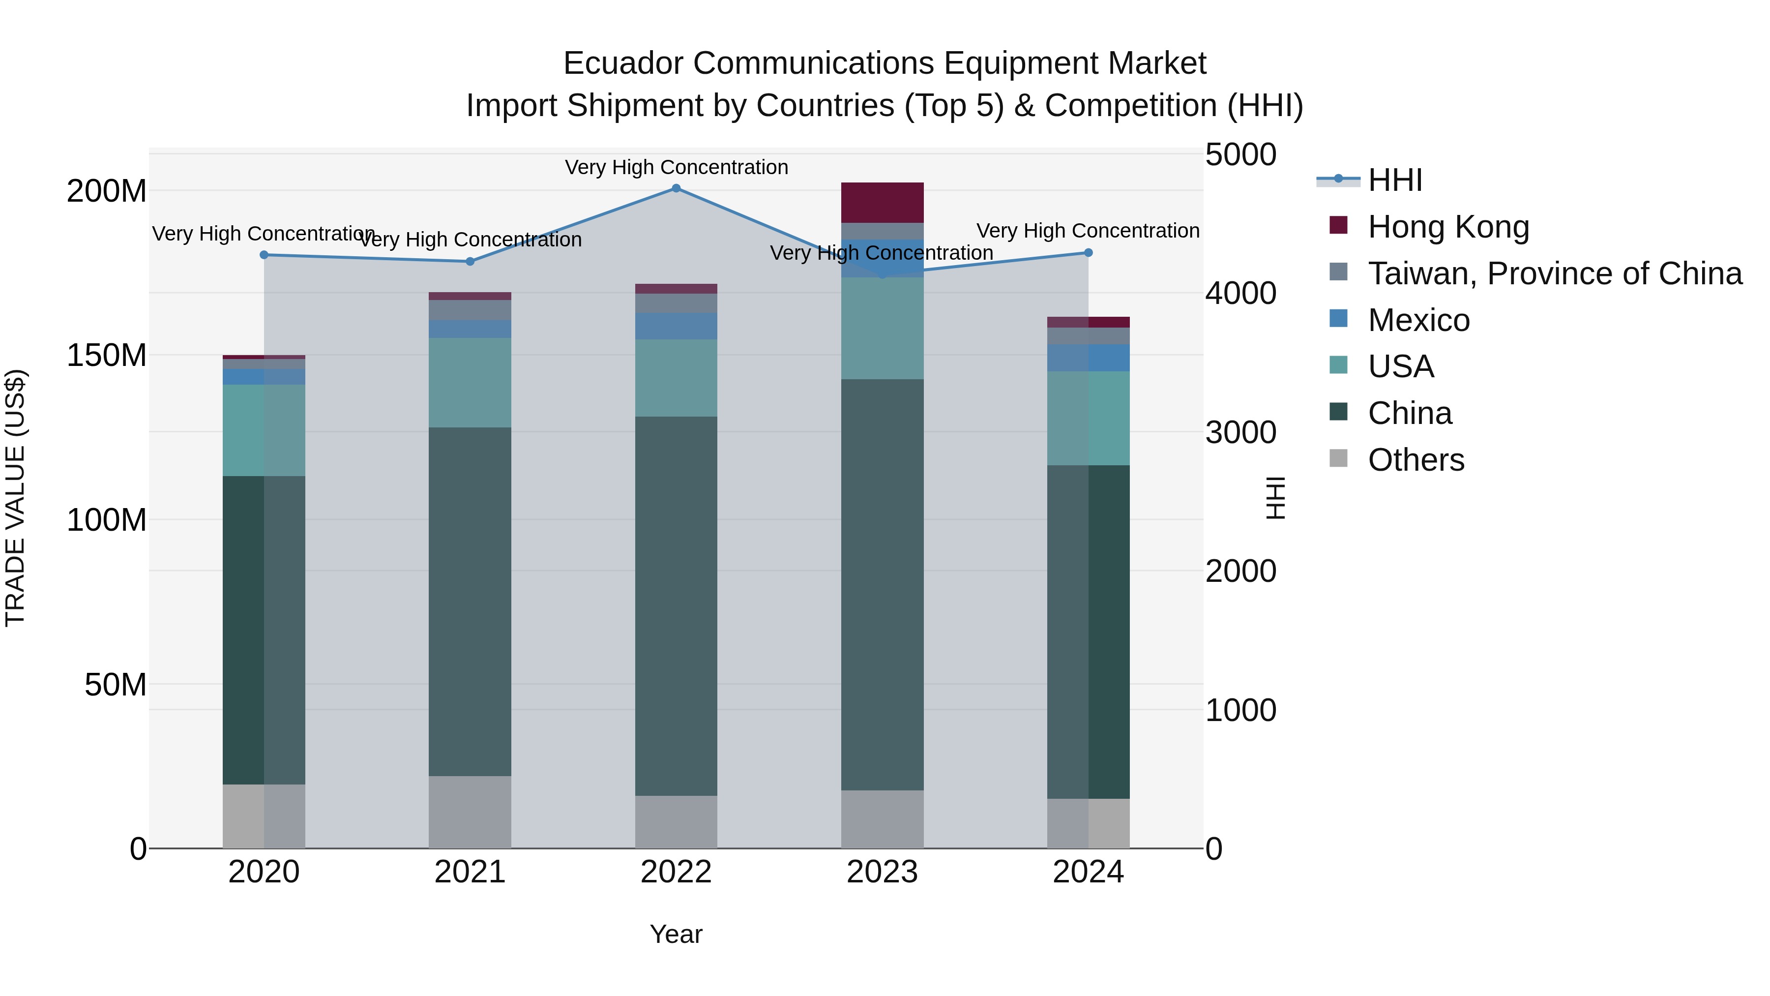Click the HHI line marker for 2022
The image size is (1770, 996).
pos(676,188)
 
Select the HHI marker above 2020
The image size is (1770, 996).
pos(264,255)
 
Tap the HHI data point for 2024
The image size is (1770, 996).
pos(1089,253)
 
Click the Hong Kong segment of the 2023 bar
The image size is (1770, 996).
pos(882,203)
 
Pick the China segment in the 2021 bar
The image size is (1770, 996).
pos(470,602)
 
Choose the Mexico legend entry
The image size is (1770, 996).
pos(1418,320)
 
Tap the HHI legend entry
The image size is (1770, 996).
pos(1395,180)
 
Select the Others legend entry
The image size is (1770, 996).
pos(1416,460)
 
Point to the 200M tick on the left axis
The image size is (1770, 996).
pos(107,191)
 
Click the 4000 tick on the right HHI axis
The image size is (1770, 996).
pos(1240,294)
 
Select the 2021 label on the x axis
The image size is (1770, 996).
pos(470,872)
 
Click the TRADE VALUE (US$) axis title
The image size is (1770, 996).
pos(15,498)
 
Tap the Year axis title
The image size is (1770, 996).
pos(676,934)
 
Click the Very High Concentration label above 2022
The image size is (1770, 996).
pos(676,167)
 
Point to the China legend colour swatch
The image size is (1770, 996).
pos(1338,412)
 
